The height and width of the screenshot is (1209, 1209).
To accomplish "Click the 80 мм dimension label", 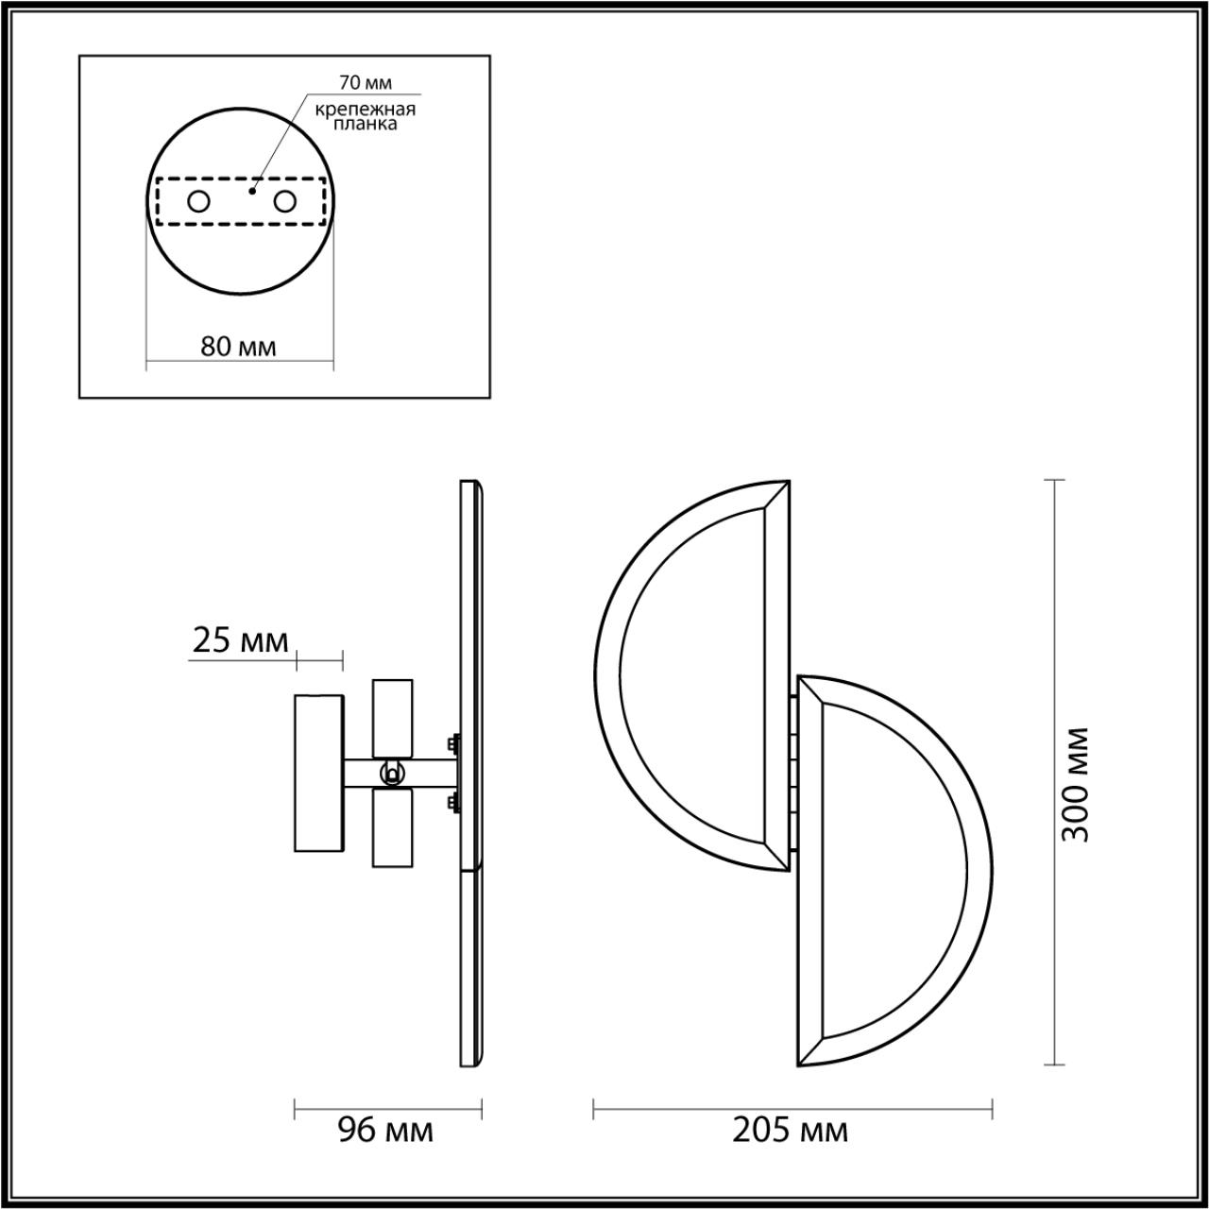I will pyautogui.click(x=239, y=346).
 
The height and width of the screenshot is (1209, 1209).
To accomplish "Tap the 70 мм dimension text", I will pyautogui.click(x=366, y=84).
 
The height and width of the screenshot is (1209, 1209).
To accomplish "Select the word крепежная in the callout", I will pyautogui.click(x=366, y=109).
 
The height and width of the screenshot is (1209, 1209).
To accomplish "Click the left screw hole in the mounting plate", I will pyautogui.click(x=198, y=201).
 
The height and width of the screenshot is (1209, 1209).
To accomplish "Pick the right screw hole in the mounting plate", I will pyautogui.click(x=284, y=201).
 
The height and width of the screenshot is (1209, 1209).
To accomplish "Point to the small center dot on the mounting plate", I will pyautogui.click(x=251, y=191).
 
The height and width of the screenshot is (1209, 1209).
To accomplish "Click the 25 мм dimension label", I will pyautogui.click(x=240, y=641).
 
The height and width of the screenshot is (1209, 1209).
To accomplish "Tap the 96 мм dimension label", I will pyautogui.click(x=386, y=1129).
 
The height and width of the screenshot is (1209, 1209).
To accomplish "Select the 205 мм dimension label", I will pyautogui.click(x=791, y=1129).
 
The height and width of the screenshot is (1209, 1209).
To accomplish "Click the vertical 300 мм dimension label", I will pyautogui.click(x=1074, y=784).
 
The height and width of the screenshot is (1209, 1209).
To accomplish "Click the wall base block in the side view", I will pyautogui.click(x=319, y=773).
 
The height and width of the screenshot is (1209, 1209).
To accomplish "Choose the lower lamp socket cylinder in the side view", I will pyautogui.click(x=393, y=827).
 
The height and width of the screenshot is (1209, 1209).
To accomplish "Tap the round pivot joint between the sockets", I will pyautogui.click(x=389, y=774).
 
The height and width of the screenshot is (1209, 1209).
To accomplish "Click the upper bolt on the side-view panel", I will pyautogui.click(x=454, y=744).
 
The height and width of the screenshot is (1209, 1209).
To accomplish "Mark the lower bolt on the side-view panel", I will pyautogui.click(x=454, y=803).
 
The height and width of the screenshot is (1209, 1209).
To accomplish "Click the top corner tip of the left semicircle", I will pyautogui.click(x=787, y=483).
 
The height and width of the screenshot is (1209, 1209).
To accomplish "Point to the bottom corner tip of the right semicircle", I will pyautogui.click(x=800, y=1065).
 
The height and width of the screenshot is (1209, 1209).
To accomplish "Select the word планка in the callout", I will pyautogui.click(x=366, y=123).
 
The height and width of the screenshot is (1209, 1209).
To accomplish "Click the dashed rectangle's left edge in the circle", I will pyautogui.click(x=157, y=201).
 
